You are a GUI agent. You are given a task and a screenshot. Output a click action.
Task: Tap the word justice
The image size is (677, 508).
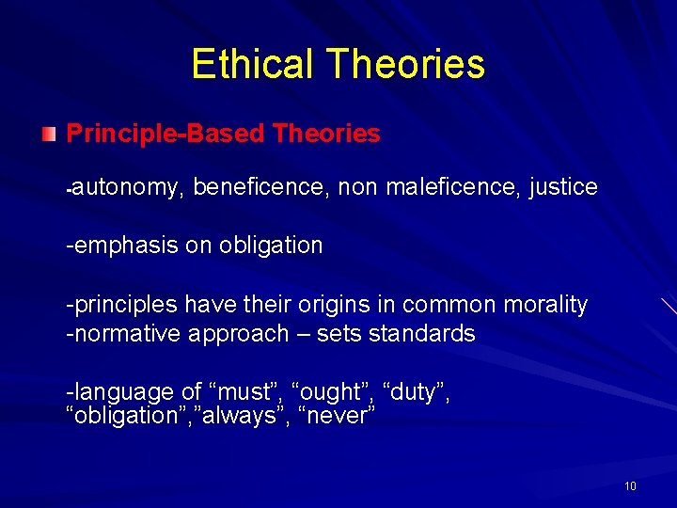pos(563,187)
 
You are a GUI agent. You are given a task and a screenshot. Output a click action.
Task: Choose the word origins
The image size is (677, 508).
pos(358,305)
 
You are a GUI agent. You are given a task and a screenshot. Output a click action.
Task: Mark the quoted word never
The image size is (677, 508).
pos(336,416)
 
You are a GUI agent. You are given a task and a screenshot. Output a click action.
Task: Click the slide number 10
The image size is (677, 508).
pos(630,486)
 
